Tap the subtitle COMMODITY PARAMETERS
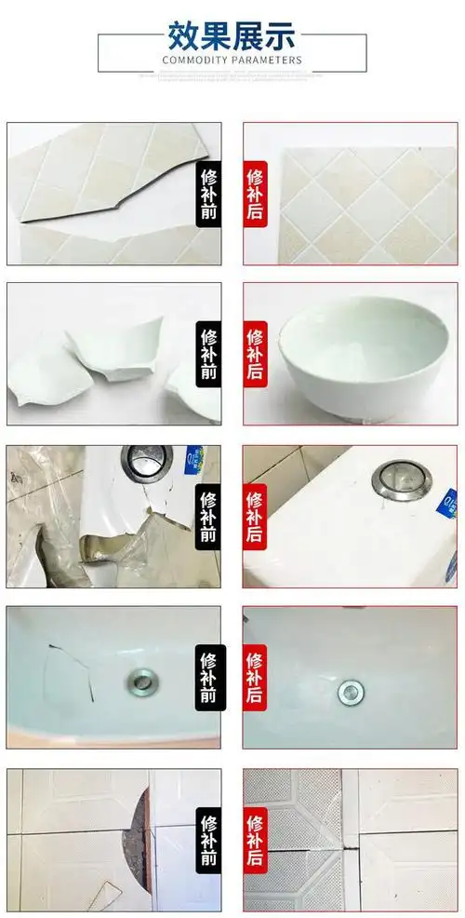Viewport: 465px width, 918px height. (232, 60)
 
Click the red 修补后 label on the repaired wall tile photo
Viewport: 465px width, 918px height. (255, 194)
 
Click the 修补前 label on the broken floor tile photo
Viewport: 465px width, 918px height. (209, 839)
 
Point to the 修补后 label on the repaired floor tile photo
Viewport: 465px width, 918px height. (255, 839)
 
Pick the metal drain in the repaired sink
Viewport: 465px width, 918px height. (350, 691)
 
